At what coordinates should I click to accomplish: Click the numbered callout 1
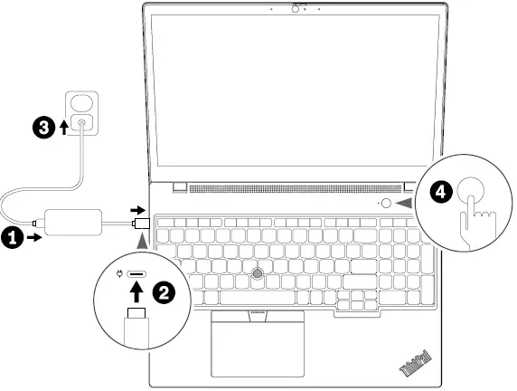click(11, 238)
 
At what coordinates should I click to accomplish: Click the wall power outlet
click(81, 117)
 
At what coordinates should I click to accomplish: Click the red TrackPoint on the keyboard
click(259, 272)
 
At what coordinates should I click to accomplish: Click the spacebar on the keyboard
click(256, 297)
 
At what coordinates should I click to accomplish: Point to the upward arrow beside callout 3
click(62, 128)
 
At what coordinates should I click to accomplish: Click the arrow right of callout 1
click(33, 238)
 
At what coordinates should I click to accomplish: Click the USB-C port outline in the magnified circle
click(138, 277)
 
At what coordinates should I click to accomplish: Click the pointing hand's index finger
click(471, 206)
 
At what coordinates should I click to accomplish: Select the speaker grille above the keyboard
click(280, 189)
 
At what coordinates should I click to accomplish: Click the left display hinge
click(180, 187)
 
